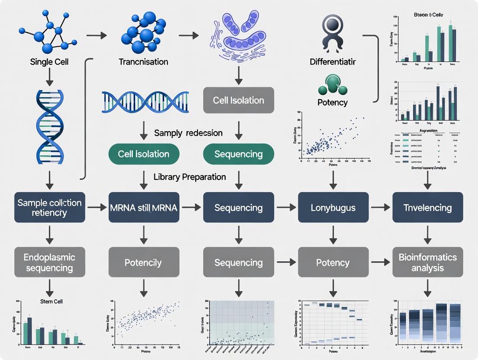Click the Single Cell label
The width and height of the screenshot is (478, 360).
pos(49,62)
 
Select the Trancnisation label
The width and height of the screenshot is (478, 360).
pos(143,62)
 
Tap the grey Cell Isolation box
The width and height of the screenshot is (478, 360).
pos(239,100)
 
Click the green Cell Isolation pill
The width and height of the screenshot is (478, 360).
pos(144,154)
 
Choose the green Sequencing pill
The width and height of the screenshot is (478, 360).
pos(239,154)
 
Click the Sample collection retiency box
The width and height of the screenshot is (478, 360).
pos(49,208)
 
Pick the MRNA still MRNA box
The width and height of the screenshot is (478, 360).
pos(144,208)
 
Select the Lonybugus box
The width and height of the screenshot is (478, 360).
pos(333,208)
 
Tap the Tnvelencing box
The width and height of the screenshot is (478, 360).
pos(427,208)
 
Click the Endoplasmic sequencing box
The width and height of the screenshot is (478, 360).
pos(49,262)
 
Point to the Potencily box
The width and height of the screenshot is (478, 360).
pos(144,262)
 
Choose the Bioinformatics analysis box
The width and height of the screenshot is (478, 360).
pos(427,262)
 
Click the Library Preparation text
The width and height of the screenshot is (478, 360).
pos(190,177)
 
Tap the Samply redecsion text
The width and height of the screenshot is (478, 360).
pos(188,133)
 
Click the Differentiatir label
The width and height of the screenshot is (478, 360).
pos(333,62)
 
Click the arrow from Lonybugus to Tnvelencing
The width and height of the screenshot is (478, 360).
pos(381,208)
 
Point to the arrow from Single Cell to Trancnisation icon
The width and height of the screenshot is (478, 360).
pos(97,34)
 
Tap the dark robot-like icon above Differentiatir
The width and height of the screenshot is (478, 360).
pos(333,32)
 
